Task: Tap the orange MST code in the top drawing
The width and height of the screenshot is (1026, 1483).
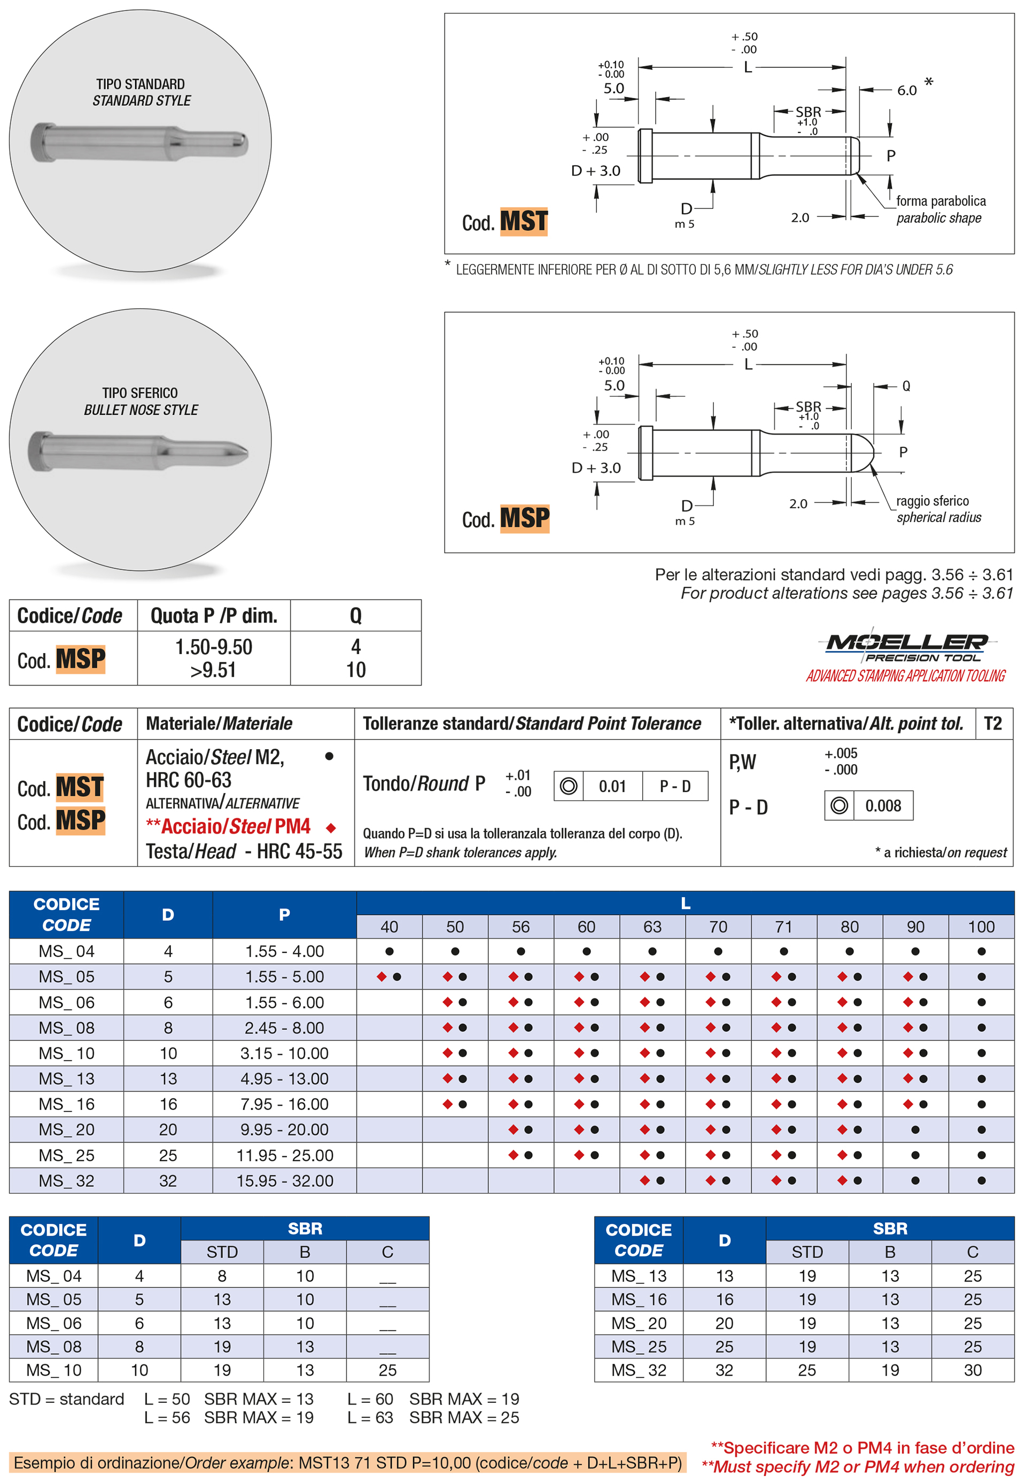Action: [524, 222]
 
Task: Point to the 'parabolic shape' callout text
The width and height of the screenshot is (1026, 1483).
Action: [938, 218]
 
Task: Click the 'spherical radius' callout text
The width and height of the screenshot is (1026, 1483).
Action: [938, 517]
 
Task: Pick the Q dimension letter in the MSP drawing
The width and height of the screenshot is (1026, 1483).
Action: [906, 386]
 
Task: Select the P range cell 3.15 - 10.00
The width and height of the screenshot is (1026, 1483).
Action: [284, 1053]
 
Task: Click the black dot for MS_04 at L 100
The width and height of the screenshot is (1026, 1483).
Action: [981, 951]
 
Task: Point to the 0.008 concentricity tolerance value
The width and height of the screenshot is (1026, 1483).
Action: [883, 805]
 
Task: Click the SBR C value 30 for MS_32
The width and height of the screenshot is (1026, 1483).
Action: [972, 1370]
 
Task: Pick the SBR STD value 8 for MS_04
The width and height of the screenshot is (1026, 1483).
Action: [222, 1276]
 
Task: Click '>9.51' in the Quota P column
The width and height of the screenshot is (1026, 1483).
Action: [213, 670]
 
